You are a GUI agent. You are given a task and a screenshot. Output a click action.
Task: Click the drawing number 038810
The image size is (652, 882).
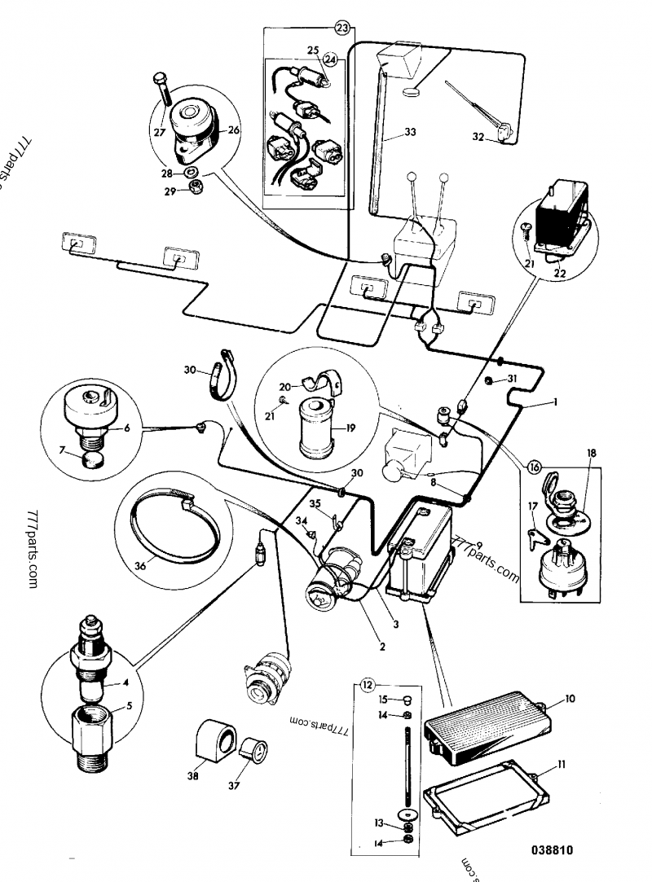point(552,850)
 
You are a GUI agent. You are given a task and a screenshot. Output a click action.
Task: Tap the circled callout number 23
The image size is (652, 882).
point(342,28)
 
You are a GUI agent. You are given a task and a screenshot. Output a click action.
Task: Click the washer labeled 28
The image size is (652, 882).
point(191,172)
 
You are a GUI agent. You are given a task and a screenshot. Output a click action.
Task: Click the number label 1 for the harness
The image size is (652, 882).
point(555,402)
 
